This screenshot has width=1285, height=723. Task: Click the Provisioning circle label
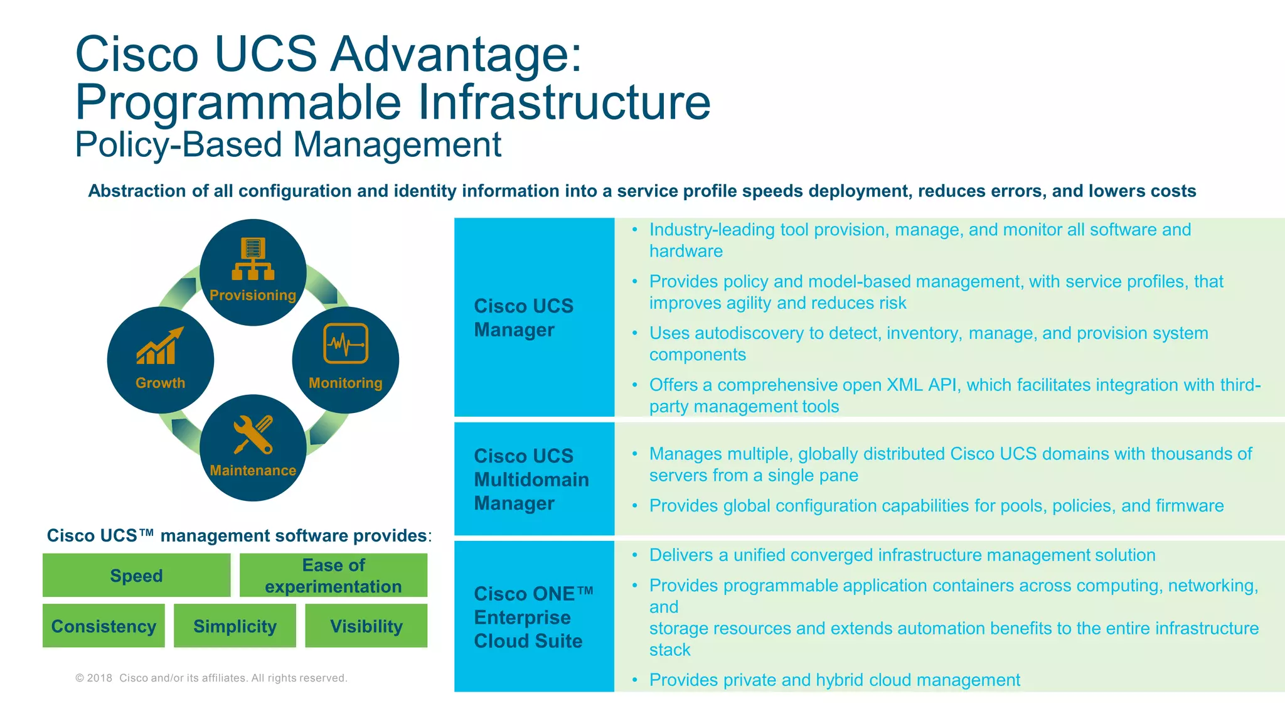[x=253, y=295]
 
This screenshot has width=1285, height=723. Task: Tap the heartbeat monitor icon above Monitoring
[x=346, y=343]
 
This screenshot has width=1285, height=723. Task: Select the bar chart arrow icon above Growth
[x=161, y=346]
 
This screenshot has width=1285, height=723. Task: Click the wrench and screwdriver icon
[x=253, y=434]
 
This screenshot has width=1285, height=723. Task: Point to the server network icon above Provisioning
[x=253, y=259]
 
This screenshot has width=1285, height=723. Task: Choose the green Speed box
[x=136, y=575]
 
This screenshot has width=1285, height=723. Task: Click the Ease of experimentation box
[x=333, y=575]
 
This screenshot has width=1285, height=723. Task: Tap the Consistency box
[x=104, y=626]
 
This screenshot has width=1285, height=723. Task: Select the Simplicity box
[x=235, y=626]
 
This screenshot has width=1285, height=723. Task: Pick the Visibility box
[x=366, y=626]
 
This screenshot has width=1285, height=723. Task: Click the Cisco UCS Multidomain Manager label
[x=531, y=479]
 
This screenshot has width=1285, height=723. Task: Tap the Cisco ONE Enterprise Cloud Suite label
[x=533, y=617]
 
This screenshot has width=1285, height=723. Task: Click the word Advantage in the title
[x=456, y=54]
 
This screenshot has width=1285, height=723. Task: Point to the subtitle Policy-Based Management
[x=288, y=144]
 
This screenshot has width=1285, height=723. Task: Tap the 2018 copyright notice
[x=211, y=678]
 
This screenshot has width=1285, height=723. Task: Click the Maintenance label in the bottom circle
[x=253, y=471]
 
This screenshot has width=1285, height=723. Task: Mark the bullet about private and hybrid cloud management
[x=834, y=680]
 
